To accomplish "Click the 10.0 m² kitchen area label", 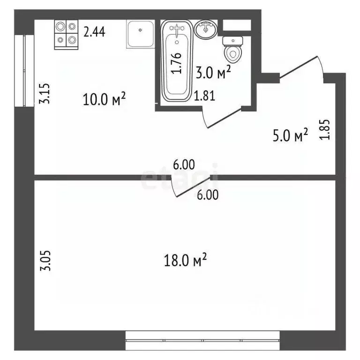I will tap(105, 99).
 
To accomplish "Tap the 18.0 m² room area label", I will tap(186, 261).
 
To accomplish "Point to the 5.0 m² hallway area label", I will tap(290, 136).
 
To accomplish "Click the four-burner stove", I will tap(66, 34).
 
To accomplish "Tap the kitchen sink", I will tap(140, 34).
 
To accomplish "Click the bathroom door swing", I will tap(223, 117).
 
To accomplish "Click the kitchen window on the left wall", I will tap(22, 70).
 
